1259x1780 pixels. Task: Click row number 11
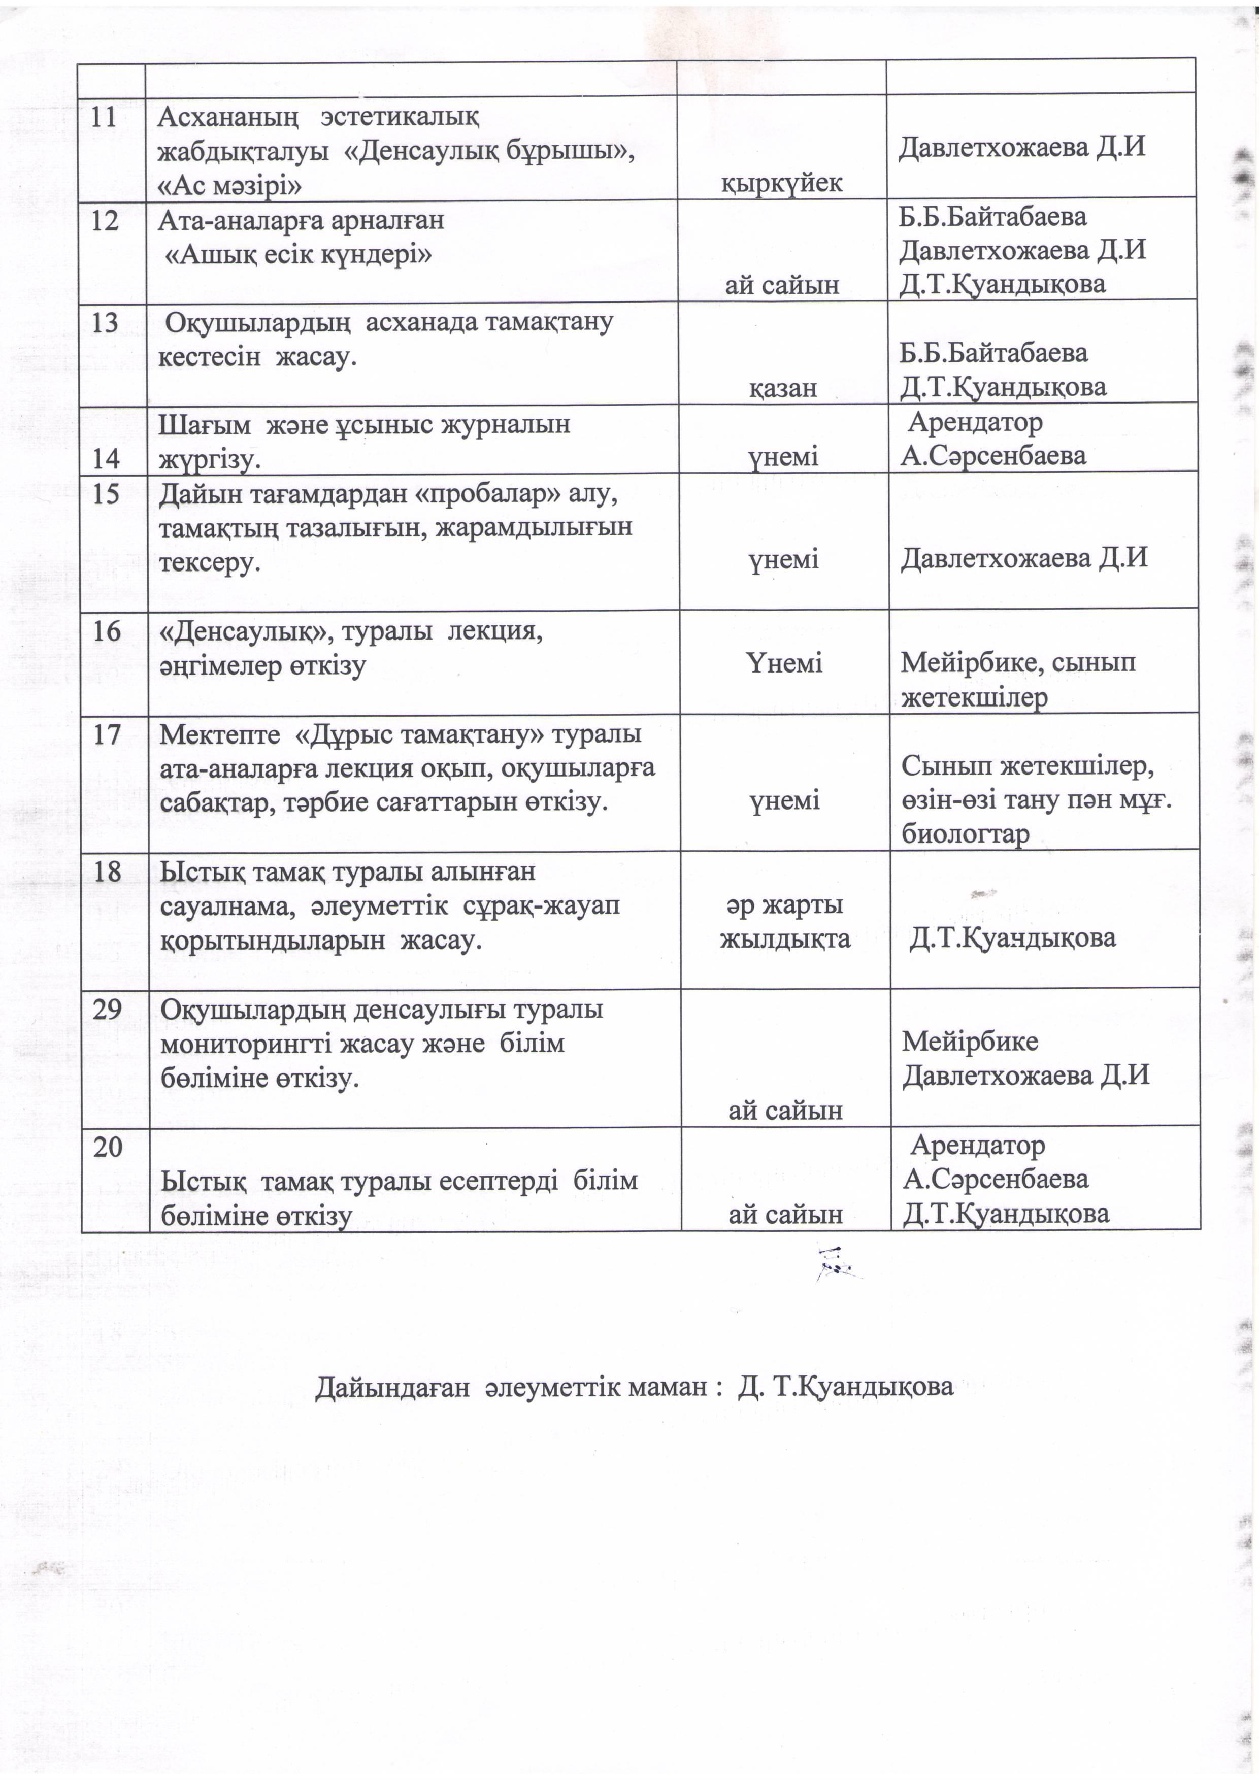coord(104,118)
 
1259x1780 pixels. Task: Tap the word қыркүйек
coord(781,183)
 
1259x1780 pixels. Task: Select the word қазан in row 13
coord(782,388)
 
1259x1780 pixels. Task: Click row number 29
coord(108,1010)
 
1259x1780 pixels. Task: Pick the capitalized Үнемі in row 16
coord(784,663)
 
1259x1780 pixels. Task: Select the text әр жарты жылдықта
coord(784,922)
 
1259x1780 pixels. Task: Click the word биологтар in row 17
coord(965,835)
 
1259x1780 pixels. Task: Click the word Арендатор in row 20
coord(978,1145)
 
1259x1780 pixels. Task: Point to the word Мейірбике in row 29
coord(970,1041)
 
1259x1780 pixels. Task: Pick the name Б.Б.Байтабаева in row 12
coord(992,218)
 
